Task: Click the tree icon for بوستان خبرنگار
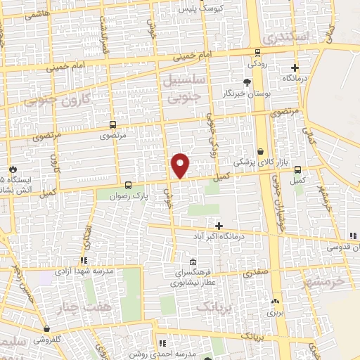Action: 246,83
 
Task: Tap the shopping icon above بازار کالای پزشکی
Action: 261,151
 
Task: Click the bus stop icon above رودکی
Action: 258,52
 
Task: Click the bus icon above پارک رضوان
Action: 127,186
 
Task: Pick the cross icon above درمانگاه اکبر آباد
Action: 219,226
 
